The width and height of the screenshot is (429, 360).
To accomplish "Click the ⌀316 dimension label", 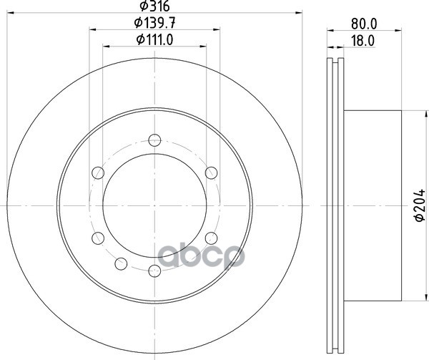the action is [x=154, y=6].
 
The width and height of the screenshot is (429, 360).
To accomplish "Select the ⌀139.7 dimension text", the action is [x=154, y=23].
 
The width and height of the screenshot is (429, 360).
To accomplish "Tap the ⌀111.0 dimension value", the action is [x=154, y=40].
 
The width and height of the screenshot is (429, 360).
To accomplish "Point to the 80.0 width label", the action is [x=364, y=24].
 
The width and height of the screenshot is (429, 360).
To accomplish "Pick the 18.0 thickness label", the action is [x=363, y=41].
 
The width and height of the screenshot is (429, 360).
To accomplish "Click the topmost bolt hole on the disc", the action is [x=154, y=140].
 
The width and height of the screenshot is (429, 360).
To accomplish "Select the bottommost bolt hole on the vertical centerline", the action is [x=154, y=271].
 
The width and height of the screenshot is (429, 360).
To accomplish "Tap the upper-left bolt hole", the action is [x=98, y=173].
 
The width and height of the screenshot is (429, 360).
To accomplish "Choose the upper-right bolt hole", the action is [x=211, y=173].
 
